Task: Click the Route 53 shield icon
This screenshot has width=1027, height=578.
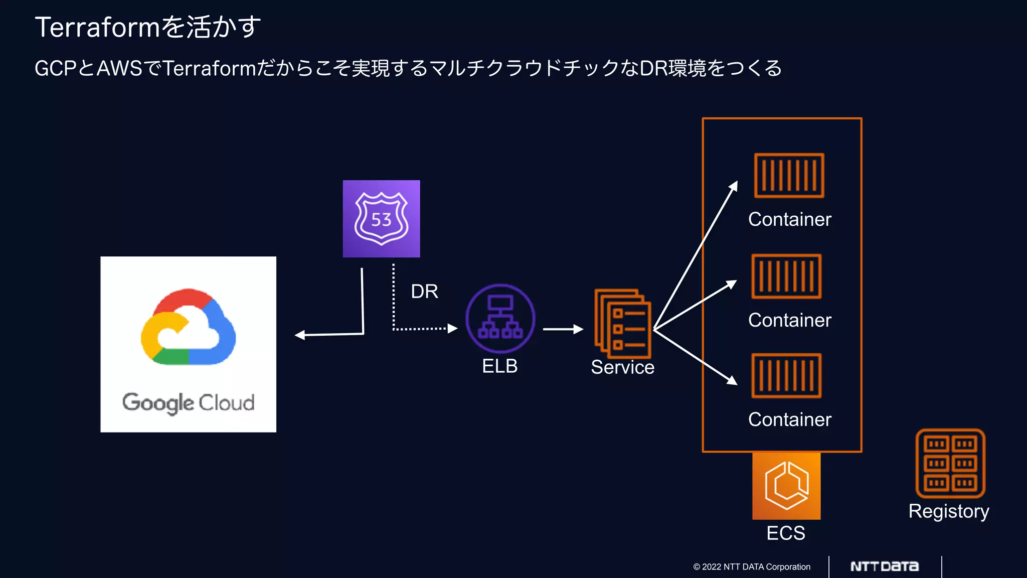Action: (381, 219)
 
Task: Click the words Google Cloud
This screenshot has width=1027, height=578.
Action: (188, 402)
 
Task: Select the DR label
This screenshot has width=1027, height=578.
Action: (424, 292)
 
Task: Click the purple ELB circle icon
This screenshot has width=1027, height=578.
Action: (500, 319)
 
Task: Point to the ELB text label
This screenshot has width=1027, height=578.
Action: (499, 366)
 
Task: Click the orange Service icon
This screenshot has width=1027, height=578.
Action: (622, 323)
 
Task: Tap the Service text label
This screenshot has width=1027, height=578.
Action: (622, 367)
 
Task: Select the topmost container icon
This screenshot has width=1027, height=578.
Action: (789, 176)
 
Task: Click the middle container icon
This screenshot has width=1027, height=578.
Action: (786, 276)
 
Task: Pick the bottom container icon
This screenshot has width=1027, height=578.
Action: (786, 375)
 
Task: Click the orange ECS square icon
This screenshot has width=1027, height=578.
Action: (786, 486)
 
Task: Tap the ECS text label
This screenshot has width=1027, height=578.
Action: (785, 533)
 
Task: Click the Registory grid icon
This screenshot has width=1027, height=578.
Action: (950, 463)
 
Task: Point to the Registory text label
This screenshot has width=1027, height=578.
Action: (948, 511)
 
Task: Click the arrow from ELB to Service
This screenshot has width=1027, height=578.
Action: (563, 329)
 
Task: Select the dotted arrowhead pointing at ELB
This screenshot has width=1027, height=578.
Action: (452, 329)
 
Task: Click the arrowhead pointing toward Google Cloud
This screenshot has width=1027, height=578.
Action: (300, 335)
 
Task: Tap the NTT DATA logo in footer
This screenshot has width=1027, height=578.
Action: (885, 566)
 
